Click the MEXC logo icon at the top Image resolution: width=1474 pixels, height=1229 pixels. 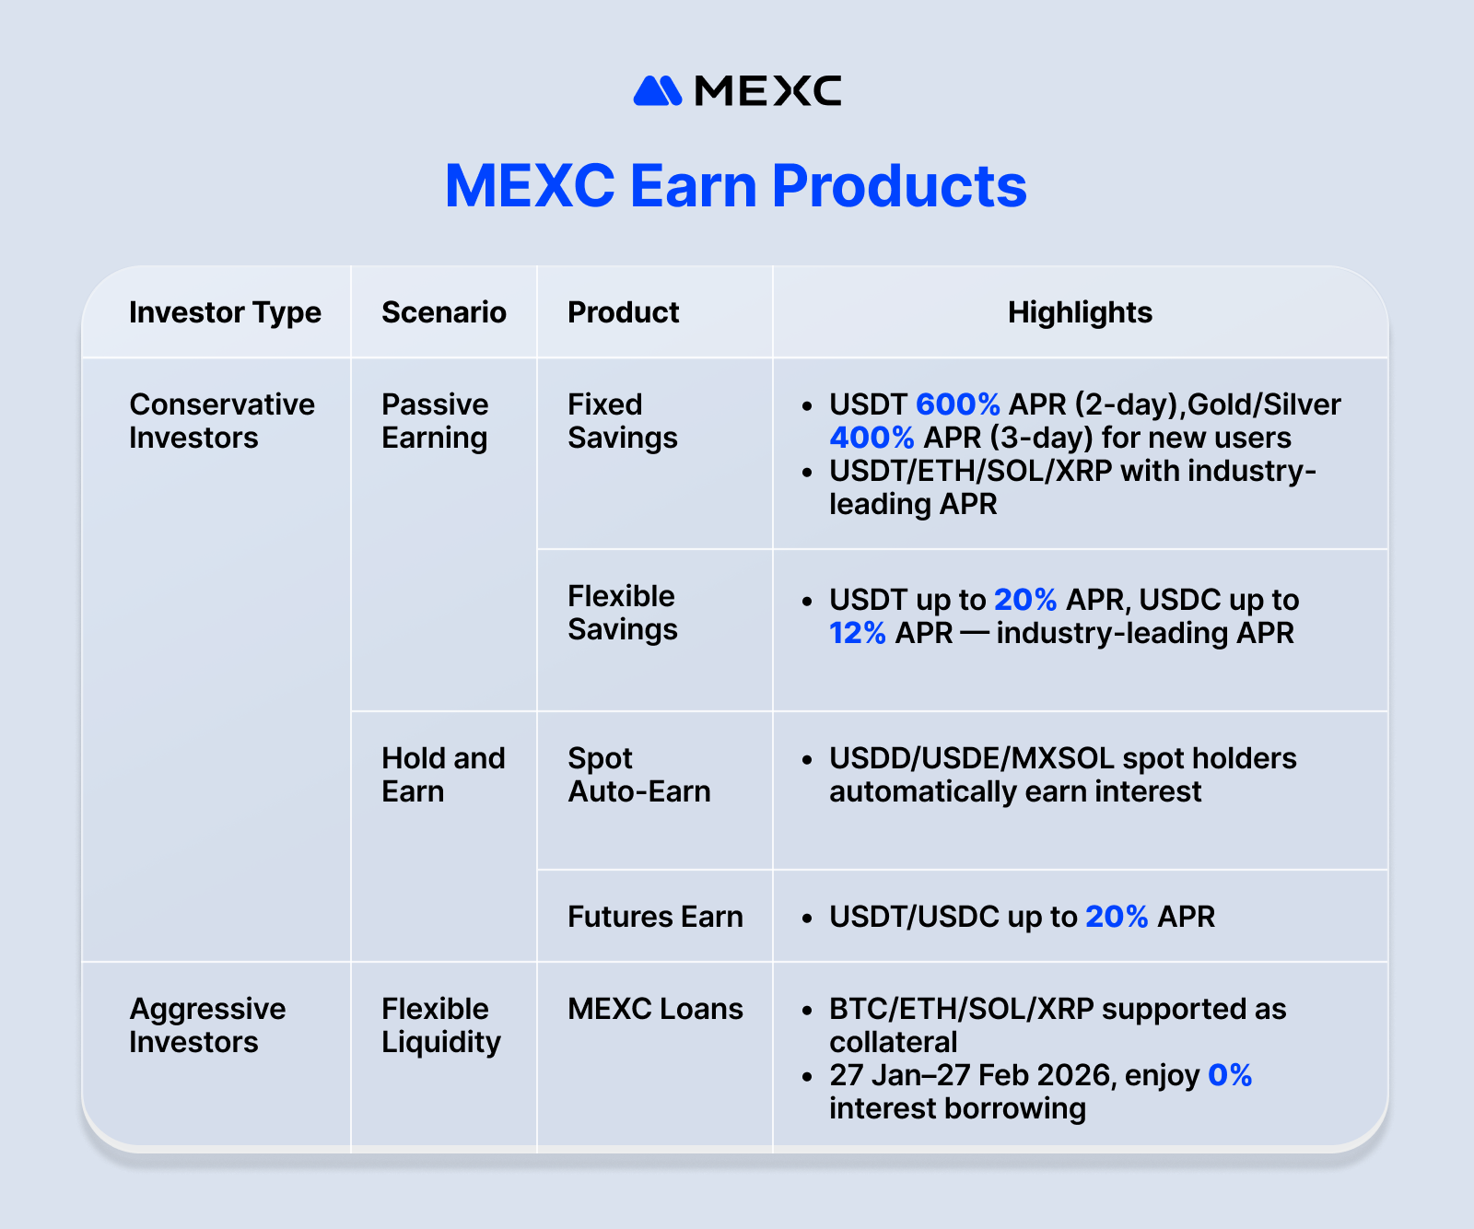pos(657,91)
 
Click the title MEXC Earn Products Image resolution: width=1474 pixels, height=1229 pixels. pos(735,186)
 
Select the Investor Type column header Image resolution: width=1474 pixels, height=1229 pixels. pos(225,312)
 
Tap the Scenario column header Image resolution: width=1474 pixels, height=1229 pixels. pos(443,312)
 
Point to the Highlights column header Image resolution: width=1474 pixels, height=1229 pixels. pos(1080,312)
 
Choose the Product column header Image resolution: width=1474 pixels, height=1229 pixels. pos(623,312)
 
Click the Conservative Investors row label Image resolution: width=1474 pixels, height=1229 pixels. pos(221,421)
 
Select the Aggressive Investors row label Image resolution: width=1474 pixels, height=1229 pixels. pos(207,1025)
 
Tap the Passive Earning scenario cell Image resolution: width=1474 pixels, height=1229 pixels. pos(435,421)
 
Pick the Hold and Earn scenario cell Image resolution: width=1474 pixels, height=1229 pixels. pos(443,775)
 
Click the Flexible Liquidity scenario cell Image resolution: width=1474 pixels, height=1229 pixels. pos(440,1025)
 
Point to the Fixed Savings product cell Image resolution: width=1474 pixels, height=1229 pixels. pos(622,421)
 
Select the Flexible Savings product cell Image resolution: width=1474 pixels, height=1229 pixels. pos(622,613)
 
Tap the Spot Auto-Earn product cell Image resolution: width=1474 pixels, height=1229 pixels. pos(638,775)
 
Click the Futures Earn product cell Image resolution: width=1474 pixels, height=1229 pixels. pos(655,917)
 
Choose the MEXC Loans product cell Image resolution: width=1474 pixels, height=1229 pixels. pos(655,1009)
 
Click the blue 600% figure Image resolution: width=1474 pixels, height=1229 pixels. pos(958,404)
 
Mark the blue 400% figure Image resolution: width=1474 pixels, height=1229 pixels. pos(872,438)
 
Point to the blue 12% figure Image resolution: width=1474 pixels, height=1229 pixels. pos(857,633)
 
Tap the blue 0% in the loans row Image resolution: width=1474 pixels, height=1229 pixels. pos(1230,1075)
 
